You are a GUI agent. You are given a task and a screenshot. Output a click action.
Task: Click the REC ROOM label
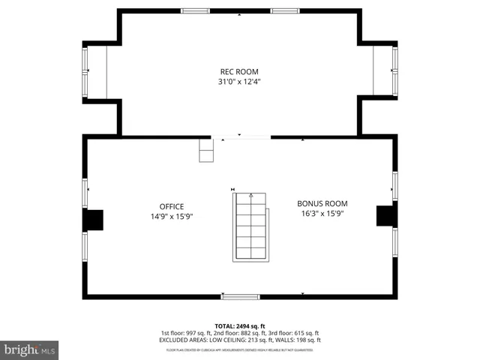click(239, 71)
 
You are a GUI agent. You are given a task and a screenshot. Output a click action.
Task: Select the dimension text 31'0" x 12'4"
click(239, 81)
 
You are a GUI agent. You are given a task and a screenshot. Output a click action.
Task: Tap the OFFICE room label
click(171, 207)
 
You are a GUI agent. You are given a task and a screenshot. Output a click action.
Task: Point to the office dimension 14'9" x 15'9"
click(171, 217)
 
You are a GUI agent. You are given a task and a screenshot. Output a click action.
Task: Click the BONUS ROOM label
click(322, 203)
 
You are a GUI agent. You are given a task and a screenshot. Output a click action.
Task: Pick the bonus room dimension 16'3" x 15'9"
click(322, 213)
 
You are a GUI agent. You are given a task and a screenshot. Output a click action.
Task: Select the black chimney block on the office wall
click(93, 220)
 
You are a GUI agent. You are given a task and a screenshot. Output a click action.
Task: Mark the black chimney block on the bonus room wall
click(385, 215)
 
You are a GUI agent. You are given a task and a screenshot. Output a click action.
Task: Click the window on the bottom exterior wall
click(240, 297)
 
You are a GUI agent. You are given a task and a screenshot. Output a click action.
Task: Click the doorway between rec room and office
click(241, 137)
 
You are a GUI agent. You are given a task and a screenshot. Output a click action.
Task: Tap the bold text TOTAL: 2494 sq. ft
click(240, 325)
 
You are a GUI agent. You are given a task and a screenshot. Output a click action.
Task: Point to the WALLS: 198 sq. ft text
click(300, 339)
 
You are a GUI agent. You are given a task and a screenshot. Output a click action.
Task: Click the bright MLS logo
click(30, 349)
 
